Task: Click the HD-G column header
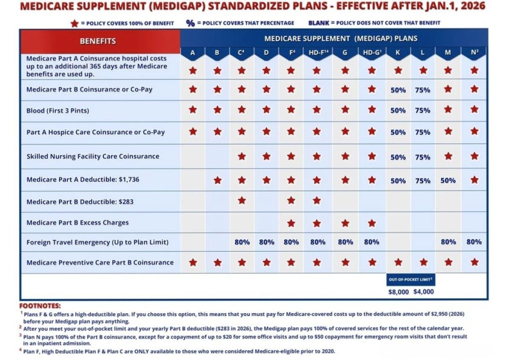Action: coord(371,53)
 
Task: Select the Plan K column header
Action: coord(398,53)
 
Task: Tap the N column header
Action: coord(474,53)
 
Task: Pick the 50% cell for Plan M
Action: coord(448,180)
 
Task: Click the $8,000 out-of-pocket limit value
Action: coord(398,292)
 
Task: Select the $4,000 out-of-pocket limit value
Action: coord(424,292)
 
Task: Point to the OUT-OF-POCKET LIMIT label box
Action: coord(411,280)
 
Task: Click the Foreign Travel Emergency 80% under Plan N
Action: coord(474,242)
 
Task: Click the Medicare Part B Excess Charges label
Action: coord(77,222)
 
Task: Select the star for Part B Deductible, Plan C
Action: coord(242,200)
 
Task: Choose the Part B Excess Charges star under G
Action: coord(345,223)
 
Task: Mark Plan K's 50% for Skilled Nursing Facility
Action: coord(398,157)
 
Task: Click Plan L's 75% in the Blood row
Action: coord(423,111)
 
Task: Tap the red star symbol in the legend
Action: coord(75,23)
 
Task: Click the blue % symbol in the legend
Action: coord(190,23)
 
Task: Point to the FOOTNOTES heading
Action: coord(40,306)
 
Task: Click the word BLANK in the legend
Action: coord(319,23)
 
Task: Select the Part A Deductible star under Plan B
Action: coord(218,180)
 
